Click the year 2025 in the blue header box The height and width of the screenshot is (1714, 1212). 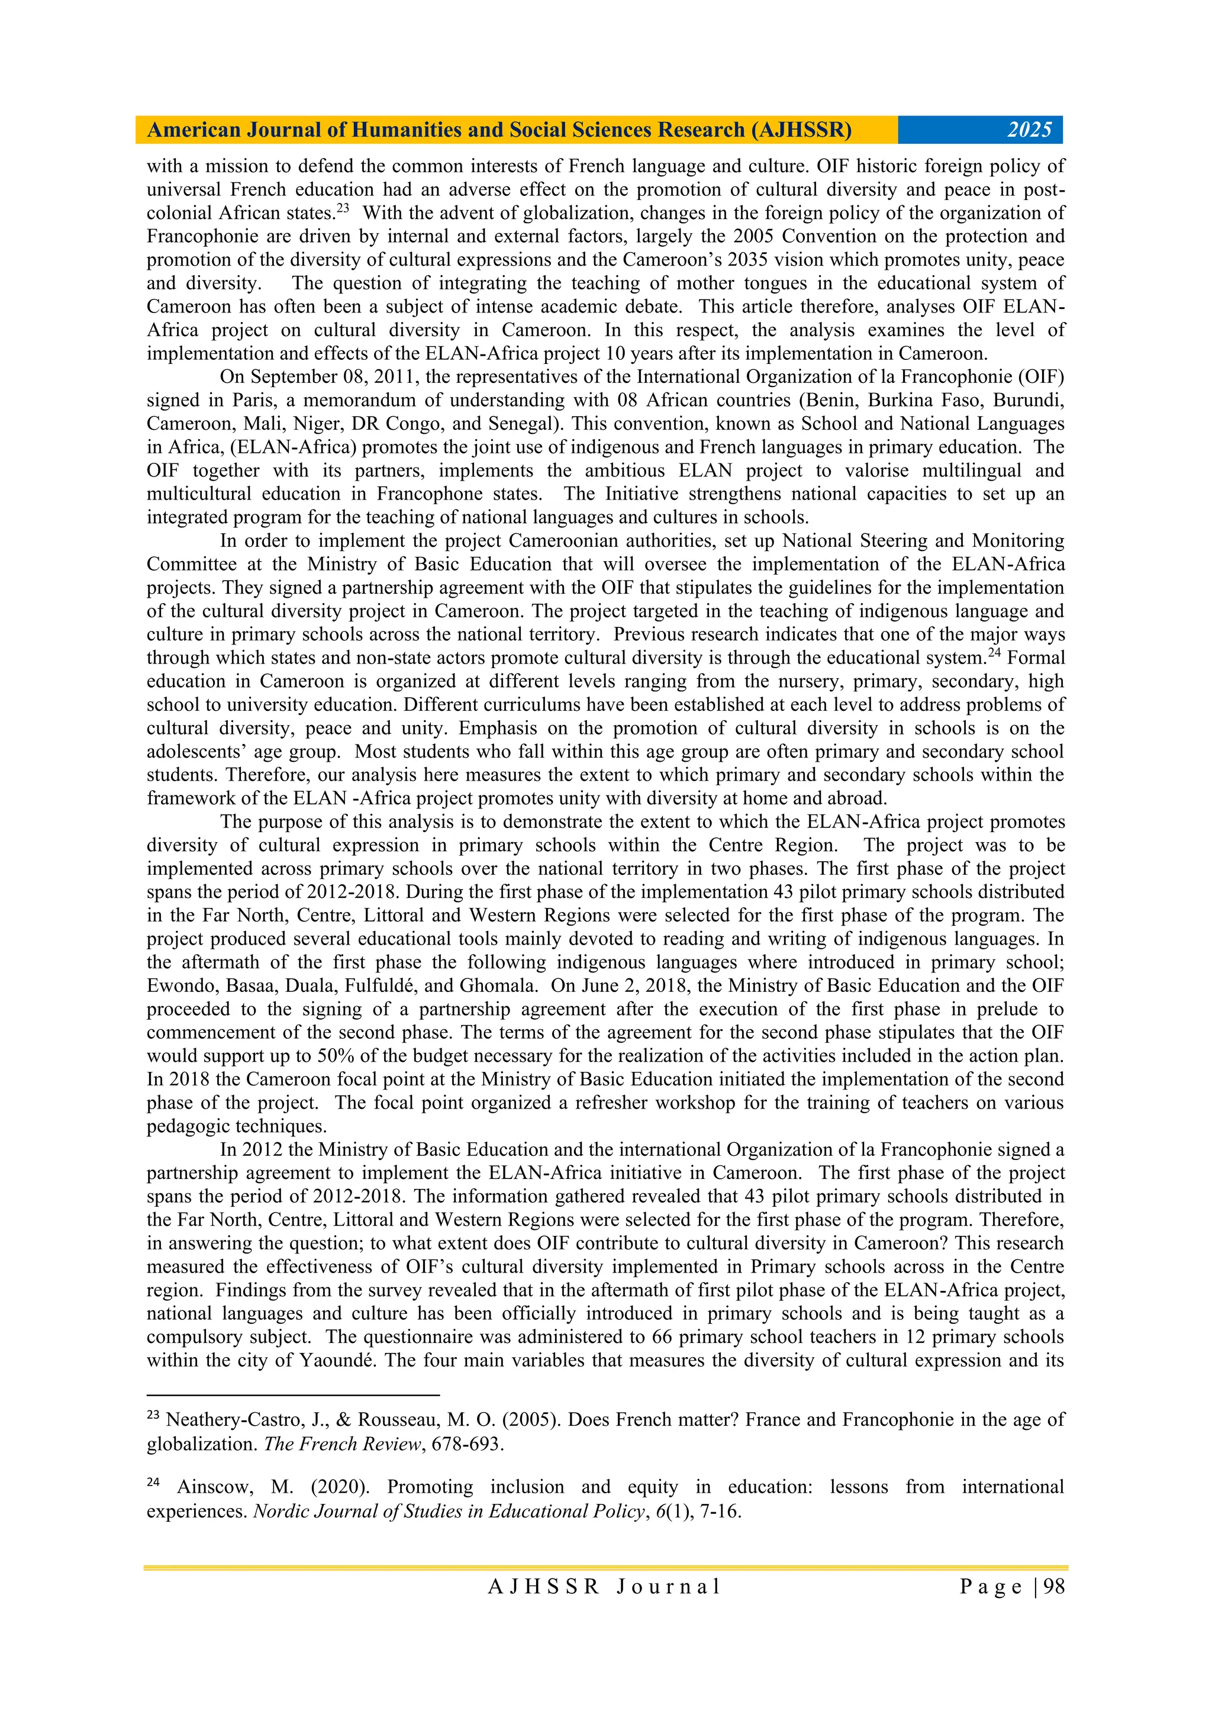[x=1029, y=130]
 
